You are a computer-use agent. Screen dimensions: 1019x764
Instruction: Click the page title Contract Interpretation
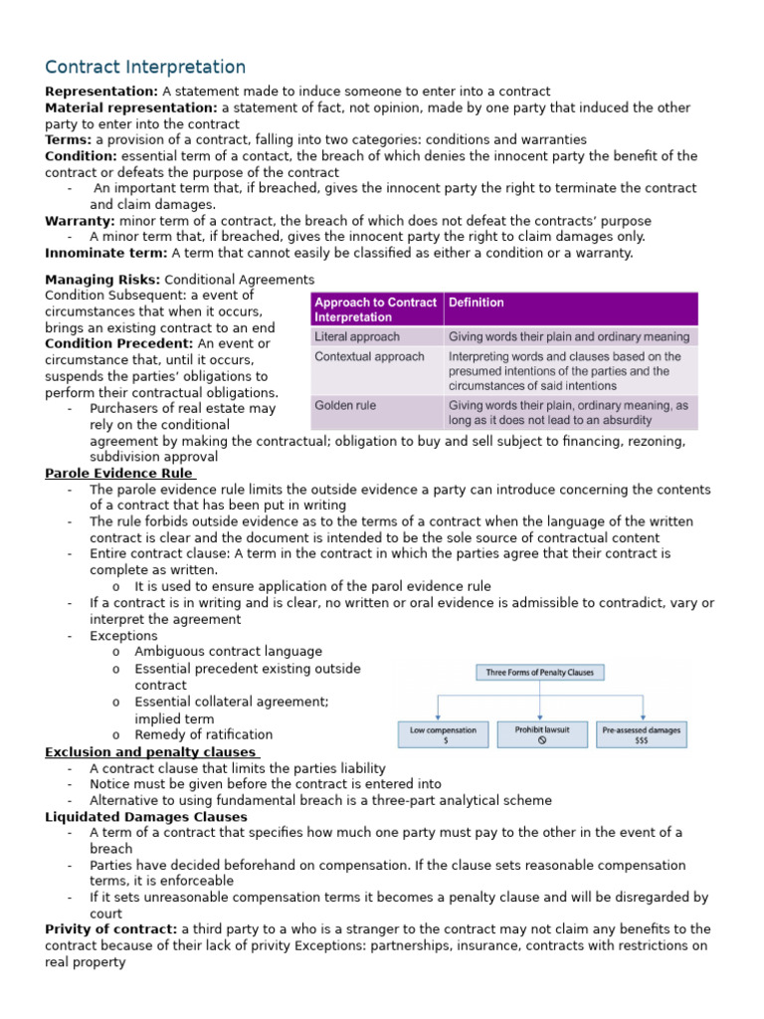145,68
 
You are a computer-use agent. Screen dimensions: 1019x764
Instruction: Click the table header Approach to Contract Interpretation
375,309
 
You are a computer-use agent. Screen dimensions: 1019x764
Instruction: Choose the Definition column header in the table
477,303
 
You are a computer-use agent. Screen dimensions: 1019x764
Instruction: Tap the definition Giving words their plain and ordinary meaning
568,336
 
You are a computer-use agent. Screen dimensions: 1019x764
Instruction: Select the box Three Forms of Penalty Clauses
539,673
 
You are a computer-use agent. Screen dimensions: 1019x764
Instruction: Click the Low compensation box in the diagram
443,734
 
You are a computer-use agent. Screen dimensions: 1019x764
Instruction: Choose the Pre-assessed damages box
642,734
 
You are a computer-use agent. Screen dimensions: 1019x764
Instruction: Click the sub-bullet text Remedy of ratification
203,735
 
